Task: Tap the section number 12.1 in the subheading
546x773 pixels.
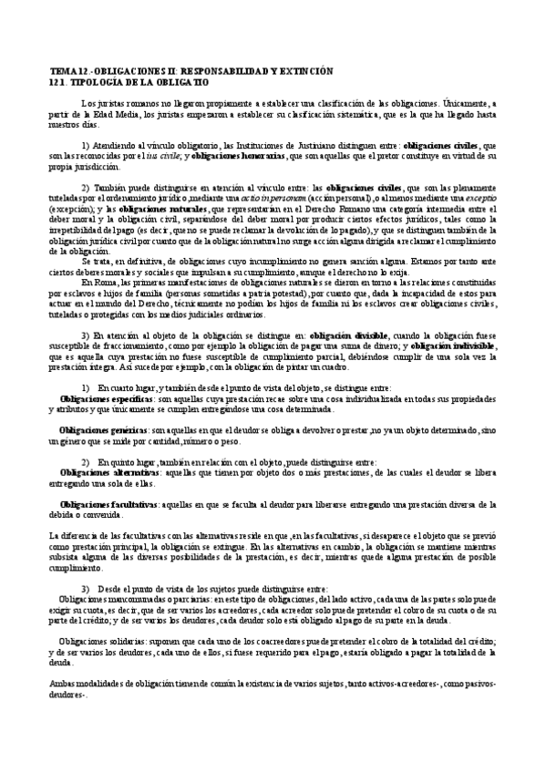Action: pyautogui.click(x=57, y=81)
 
